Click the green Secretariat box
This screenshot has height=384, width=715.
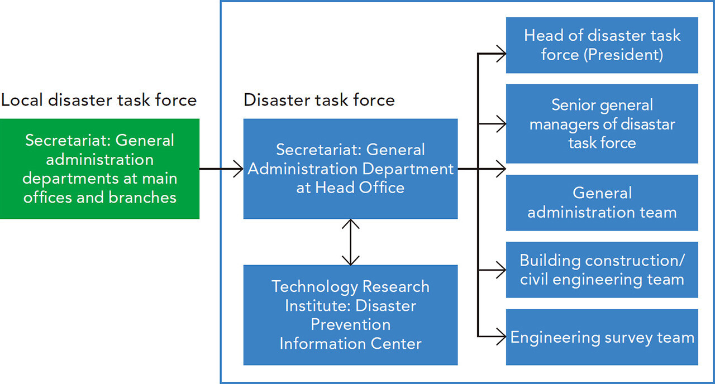coord(99,169)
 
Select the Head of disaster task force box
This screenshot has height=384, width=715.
coord(602,45)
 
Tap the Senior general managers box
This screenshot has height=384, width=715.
coord(602,124)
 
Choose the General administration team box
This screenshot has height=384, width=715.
coord(602,203)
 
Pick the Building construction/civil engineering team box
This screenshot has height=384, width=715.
coord(602,270)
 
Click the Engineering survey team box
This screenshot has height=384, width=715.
coord(602,337)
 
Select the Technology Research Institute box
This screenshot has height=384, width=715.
coord(350,315)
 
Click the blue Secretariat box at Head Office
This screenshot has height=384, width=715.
coord(350,169)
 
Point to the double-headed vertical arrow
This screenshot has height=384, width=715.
coord(350,242)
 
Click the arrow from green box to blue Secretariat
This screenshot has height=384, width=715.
coord(221,169)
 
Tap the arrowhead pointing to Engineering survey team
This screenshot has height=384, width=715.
coord(502,337)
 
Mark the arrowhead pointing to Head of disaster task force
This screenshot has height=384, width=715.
coord(502,54)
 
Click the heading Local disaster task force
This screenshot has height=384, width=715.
coord(99,100)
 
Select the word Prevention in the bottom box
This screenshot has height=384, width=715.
coord(350,324)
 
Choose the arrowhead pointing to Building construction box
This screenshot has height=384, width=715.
coord(502,270)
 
